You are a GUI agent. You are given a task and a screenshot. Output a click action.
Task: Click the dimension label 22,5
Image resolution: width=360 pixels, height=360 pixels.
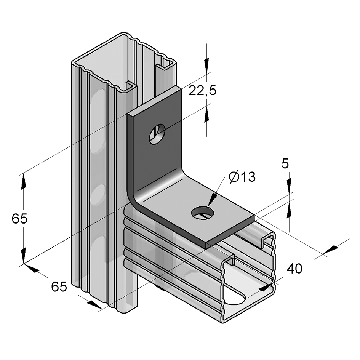coord(202,91)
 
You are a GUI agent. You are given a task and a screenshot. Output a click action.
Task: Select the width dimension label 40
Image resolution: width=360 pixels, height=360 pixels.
coord(294,269)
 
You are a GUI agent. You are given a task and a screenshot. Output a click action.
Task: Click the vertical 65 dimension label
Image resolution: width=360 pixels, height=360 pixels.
coord(19,219)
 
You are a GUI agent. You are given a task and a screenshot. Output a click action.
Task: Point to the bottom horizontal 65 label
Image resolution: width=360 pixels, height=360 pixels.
coord(59,286)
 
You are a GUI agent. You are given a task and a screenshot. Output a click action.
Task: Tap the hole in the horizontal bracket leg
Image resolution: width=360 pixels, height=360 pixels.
coord(202,212)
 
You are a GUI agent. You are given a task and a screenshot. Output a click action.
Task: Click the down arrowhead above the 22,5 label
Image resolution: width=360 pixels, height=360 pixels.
coord(206,63)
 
